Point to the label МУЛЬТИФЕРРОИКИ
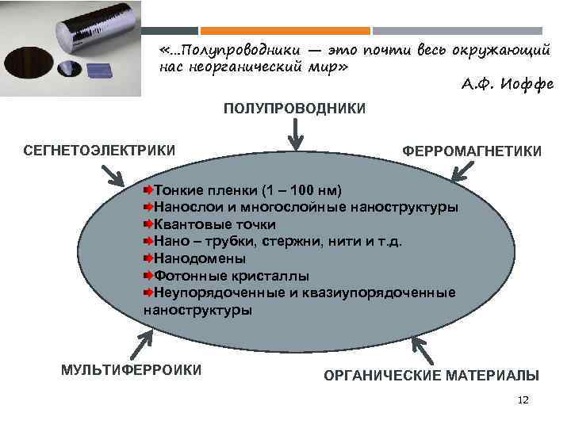[132, 369]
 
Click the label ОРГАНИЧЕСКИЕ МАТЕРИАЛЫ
[431, 375]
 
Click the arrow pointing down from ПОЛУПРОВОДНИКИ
[295, 132]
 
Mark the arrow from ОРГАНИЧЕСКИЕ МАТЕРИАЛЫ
[422, 350]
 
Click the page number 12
[523, 400]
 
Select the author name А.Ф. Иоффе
[508, 84]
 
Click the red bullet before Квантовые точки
[148, 224]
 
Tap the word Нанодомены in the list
[199, 258]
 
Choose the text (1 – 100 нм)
[302, 190]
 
